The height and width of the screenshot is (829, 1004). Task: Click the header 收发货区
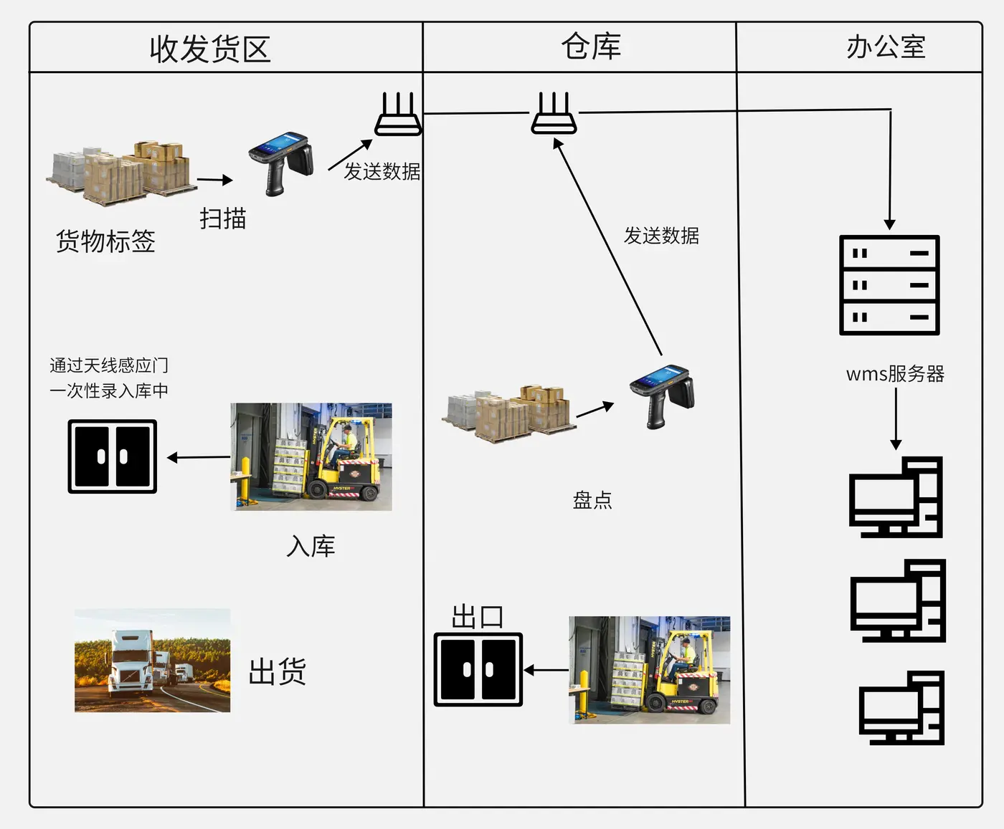[x=210, y=49]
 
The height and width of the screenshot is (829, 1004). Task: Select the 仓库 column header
[x=591, y=47]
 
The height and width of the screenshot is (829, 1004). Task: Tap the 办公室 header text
[x=886, y=47]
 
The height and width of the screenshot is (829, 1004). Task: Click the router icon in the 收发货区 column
[x=398, y=115]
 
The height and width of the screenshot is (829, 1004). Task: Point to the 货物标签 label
[x=105, y=241]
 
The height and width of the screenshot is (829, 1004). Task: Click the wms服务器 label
[x=895, y=373]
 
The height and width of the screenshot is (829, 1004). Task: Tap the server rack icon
[x=889, y=285]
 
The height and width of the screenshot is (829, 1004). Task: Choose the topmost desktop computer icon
[x=896, y=497]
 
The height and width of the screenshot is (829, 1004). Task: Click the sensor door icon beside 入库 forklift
[x=113, y=456]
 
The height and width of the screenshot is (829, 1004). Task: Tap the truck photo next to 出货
[x=153, y=661]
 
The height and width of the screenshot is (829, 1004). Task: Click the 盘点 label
[x=592, y=499]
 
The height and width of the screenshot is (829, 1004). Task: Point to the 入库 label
[x=311, y=546]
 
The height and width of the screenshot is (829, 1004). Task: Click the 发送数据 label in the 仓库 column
[x=661, y=236]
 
